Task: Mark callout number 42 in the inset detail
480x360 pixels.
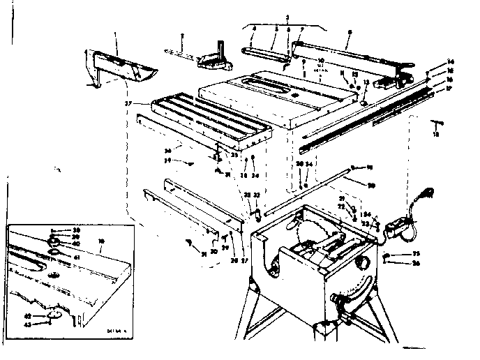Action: click(x=48, y=315)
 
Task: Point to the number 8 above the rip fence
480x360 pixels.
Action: click(x=349, y=31)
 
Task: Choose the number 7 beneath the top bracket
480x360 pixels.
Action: click(x=301, y=29)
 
